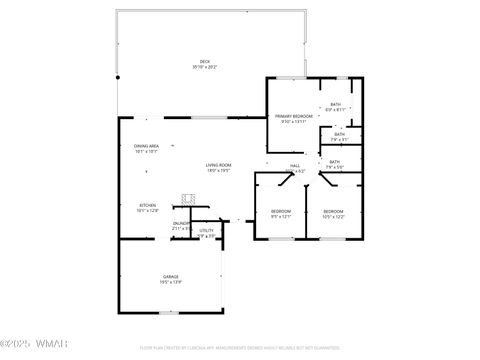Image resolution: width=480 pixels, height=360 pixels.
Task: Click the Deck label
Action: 204,62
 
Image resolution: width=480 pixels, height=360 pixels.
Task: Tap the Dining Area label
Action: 147,147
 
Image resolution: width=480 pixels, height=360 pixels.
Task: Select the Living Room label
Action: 219,165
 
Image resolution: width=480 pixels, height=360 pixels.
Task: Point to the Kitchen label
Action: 147,205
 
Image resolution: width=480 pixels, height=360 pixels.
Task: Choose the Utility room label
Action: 206,231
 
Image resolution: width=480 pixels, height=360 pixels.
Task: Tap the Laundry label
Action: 180,224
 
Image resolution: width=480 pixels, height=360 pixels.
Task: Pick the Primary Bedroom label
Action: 294,116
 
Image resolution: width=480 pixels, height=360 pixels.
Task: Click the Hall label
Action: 296,166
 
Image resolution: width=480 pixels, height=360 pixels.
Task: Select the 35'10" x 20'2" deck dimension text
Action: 204,67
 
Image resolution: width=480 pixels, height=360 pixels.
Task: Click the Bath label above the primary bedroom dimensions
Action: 336,104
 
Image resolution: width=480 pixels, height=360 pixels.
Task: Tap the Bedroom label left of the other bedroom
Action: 281,211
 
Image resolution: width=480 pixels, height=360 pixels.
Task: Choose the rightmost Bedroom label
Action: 333,211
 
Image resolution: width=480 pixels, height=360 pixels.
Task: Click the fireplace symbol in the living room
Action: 187,198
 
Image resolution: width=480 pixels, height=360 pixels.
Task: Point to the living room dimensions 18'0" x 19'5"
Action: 219,170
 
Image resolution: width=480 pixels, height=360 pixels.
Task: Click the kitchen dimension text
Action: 147,210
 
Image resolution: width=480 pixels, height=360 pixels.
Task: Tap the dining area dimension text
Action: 147,152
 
